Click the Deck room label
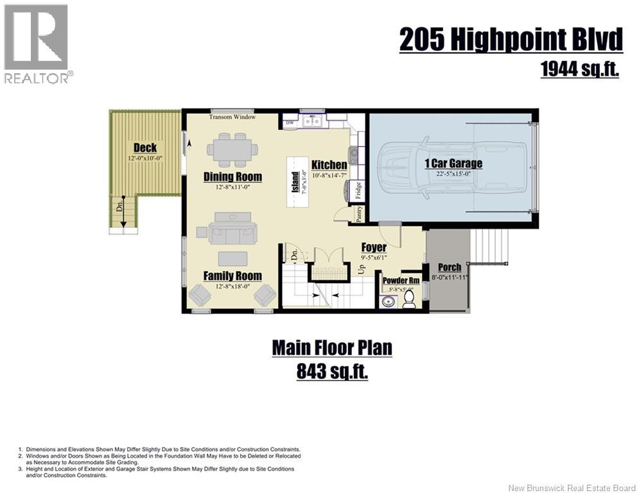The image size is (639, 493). point(145,148)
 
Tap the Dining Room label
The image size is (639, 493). point(232,177)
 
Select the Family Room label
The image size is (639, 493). point(232,276)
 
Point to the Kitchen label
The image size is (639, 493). point(329,164)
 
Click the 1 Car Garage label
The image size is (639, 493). point(453,164)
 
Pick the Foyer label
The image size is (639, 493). point(374,247)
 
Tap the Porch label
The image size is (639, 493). point(450,267)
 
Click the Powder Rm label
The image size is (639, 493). point(401,281)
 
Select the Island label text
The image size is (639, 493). point(295,182)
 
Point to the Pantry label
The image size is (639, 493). point(359,214)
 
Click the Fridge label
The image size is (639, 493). point(358,190)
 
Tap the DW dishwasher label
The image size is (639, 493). point(290,123)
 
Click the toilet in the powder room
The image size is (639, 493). point(408,298)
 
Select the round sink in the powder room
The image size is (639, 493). point(387,302)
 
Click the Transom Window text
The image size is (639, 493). point(232,117)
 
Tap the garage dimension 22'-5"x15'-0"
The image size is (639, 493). point(453,173)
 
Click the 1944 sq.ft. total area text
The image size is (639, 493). point(579,69)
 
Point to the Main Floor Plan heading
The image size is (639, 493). point(332,347)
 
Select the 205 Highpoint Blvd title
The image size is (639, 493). point(511,40)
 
